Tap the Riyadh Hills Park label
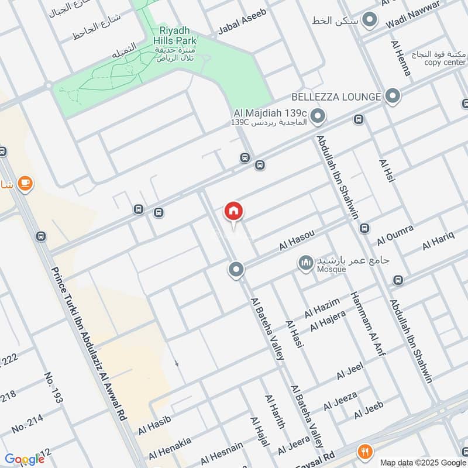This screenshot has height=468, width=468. pos(175,36)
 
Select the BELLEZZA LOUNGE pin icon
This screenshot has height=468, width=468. pos(393,95)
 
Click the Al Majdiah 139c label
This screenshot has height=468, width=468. pos(270,112)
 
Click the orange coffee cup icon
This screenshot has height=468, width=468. pos(24,184)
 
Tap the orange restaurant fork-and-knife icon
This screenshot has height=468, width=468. pos(366,451)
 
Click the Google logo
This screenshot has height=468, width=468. pos(25,459)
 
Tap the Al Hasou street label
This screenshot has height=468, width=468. pos(297,240)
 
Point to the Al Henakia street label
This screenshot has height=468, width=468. pos(169,447)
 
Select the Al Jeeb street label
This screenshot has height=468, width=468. pos(369,410)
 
